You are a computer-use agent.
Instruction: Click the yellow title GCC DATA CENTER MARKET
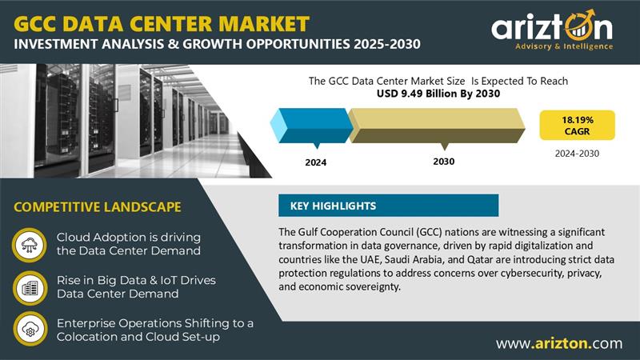pos(162,24)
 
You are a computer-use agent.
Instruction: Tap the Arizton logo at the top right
pos(552,30)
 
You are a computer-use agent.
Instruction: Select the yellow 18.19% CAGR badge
pos(577,126)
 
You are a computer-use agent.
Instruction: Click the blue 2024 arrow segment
pos(311,126)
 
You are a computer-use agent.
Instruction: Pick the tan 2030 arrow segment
pos(437,126)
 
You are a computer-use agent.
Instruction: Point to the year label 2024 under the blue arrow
pos(315,162)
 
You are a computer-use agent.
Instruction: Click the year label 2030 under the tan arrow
pos(444,162)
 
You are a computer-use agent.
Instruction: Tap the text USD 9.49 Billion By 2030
pos(438,94)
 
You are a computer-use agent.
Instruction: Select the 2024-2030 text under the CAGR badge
pos(577,154)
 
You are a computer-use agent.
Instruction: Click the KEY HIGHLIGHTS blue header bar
pos(388,206)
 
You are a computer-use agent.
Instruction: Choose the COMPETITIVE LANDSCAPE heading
pos(97,207)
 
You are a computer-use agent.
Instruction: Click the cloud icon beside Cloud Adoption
pos(30,245)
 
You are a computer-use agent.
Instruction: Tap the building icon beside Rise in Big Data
pos(30,288)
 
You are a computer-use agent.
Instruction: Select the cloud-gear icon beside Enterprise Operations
pos(30,329)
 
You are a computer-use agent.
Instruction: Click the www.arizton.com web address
pos(559,343)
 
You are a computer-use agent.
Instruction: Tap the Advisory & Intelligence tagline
pos(564,46)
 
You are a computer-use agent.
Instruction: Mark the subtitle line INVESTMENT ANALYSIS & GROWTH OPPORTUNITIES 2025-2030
pos(217,44)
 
